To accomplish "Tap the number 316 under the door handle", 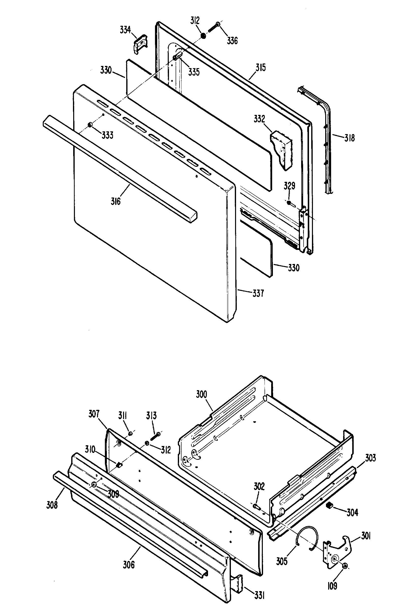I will tap(116, 202).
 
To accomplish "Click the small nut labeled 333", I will tap(90, 124).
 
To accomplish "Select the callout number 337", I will tap(258, 293).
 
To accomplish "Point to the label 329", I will tap(289, 186).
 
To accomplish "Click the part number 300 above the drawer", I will tap(201, 394).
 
